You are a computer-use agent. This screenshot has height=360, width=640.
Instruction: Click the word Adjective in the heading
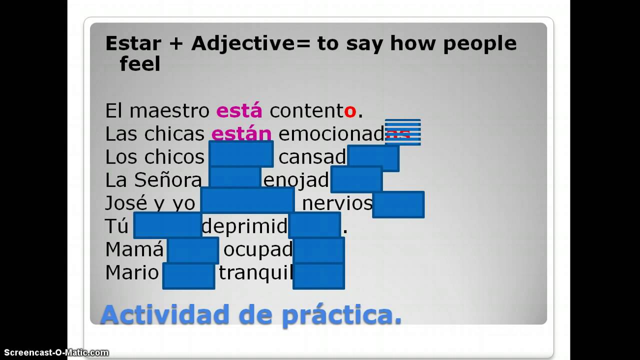click(x=243, y=43)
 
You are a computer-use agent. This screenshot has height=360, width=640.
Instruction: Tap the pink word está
click(x=239, y=110)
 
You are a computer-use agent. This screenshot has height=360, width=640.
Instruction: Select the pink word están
click(x=241, y=133)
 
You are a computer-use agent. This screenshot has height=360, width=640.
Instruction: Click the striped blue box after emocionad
click(x=402, y=132)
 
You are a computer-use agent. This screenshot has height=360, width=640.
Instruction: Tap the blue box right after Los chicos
click(x=241, y=154)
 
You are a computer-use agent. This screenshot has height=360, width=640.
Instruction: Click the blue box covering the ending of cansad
click(x=373, y=158)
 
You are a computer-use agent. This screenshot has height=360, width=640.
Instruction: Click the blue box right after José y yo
click(x=247, y=200)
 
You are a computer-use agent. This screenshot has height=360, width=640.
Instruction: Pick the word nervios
click(x=337, y=203)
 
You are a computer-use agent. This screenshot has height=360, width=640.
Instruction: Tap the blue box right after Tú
click(x=167, y=225)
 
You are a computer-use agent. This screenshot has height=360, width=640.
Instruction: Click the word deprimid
click(x=244, y=226)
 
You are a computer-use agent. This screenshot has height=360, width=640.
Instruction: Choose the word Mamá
click(x=134, y=249)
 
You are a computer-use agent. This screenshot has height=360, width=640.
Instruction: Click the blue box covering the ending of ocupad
click(x=318, y=250)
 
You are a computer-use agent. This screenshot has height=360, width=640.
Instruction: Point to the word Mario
click(x=132, y=272)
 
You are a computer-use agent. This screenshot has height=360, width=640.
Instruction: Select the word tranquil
click(x=255, y=273)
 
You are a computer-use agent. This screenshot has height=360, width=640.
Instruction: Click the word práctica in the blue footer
click(x=341, y=315)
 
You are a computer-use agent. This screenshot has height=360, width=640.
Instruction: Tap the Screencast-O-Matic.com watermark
click(x=54, y=352)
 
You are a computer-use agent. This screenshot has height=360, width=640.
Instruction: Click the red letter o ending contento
click(x=350, y=111)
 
